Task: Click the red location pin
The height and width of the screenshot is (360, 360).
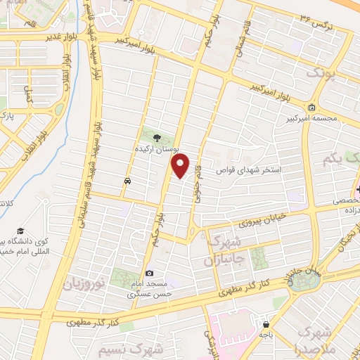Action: pos(181,166)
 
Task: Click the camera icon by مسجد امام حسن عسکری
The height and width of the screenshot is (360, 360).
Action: pos(148,274)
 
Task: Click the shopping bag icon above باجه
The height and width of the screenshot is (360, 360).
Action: pos(266,325)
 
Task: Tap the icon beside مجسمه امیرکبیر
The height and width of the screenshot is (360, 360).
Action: pos(311,108)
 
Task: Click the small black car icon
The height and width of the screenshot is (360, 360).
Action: pos(127,181)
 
